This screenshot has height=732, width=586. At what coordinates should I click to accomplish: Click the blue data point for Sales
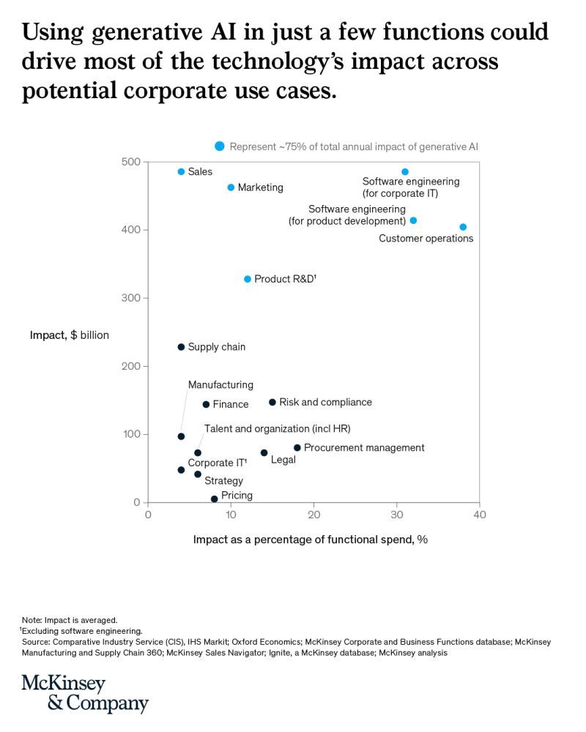(181, 171)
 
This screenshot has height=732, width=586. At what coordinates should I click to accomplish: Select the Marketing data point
(231, 187)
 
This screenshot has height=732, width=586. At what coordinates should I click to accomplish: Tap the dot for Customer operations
(463, 227)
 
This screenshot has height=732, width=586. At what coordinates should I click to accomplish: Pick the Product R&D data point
(248, 279)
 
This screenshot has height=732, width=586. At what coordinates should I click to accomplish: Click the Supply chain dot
(181, 347)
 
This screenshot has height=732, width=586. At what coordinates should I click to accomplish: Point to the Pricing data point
(214, 499)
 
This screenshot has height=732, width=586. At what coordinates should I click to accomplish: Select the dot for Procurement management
(297, 447)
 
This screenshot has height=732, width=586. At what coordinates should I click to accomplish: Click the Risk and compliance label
(325, 402)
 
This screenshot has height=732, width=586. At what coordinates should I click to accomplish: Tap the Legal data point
(264, 452)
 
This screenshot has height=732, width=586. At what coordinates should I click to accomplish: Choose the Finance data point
(206, 404)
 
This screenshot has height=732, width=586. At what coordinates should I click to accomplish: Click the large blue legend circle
(219, 146)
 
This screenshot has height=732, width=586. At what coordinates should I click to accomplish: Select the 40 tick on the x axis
(479, 515)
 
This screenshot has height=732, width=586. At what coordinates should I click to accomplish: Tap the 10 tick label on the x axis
(231, 515)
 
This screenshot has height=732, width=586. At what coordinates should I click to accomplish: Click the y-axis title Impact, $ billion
(69, 335)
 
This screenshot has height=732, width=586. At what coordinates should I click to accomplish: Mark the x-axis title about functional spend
(310, 539)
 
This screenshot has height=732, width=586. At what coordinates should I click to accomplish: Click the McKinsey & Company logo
(85, 694)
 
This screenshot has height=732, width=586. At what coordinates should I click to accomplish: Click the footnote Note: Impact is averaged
(70, 619)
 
